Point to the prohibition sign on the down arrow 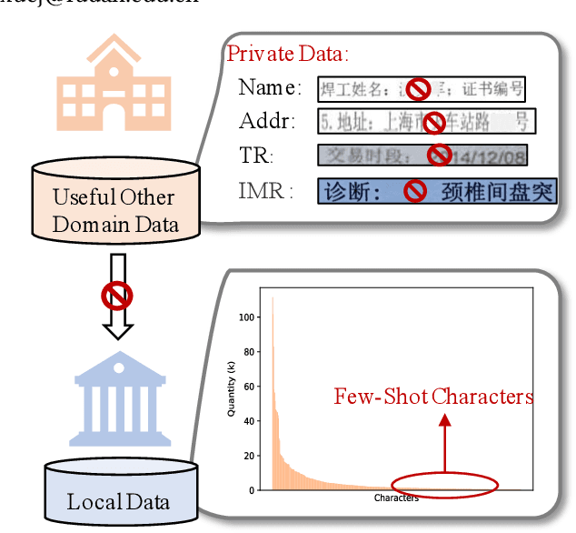pyautogui.click(x=117, y=294)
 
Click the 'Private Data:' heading pyautogui.click(x=287, y=54)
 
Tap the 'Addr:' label pyautogui.click(x=269, y=121)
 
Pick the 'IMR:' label pyautogui.click(x=266, y=191)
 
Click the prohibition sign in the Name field pyautogui.click(x=417, y=88)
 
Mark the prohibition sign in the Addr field pyautogui.click(x=436, y=122)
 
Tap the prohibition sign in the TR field pyautogui.click(x=440, y=155)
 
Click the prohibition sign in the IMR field pyautogui.click(x=415, y=191)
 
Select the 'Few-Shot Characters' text pyautogui.click(x=433, y=397)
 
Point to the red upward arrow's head pyautogui.click(x=444, y=419)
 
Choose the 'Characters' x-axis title pyautogui.click(x=396, y=498)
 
